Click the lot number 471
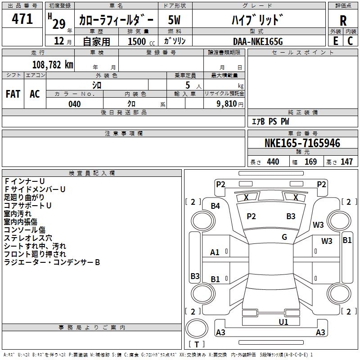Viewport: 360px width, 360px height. (x=22, y=19)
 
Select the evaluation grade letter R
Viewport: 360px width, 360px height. (x=343, y=20)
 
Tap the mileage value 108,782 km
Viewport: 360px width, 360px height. (x=53, y=64)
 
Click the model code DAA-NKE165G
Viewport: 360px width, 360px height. (x=258, y=41)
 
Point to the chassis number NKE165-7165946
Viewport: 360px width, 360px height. (x=302, y=144)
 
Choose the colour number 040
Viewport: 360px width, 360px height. (x=74, y=104)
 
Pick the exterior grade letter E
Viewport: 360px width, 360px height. (x=335, y=41)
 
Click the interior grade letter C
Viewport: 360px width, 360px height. (x=350, y=41)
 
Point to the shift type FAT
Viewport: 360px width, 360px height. (x=13, y=94)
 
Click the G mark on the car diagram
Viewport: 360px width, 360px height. (x=284, y=237)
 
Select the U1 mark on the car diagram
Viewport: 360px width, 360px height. (x=283, y=322)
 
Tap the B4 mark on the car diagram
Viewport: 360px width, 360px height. (x=216, y=206)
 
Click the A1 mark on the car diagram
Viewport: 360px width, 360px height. (x=215, y=252)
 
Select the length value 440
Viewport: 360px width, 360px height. (x=273, y=162)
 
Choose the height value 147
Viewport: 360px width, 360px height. (x=346, y=162)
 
